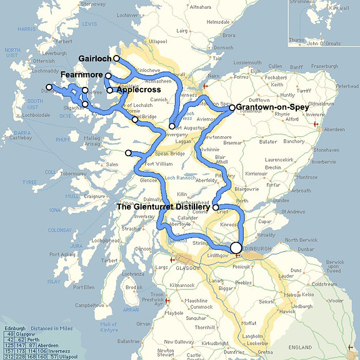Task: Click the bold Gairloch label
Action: click(94, 58)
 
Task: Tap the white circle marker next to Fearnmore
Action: click(108, 76)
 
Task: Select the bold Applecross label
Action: click(139, 90)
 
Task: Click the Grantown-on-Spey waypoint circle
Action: click(232, 107)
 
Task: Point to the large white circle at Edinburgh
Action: click(236, 248)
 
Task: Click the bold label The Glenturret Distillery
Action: click(163, 207)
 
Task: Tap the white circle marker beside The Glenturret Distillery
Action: click(215, 207)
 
